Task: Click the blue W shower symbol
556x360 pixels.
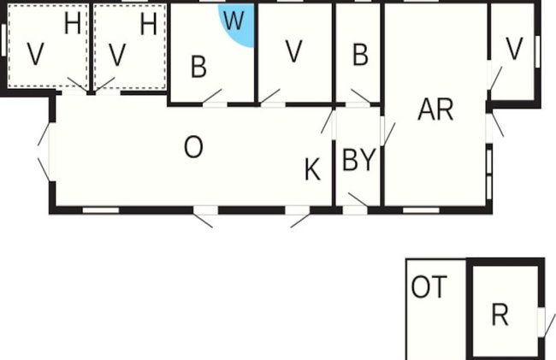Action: [x=238, y=24]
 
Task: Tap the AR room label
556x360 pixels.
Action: [x=435, y=109]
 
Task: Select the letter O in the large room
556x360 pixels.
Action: [x=193, y=147]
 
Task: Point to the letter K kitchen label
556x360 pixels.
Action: [x=312, y=169]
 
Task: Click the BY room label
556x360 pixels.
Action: [x=358, y=160]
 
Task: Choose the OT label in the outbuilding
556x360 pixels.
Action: [x=429, y=286]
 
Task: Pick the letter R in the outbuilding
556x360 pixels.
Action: [x=500, y=315]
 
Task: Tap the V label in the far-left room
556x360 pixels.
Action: [x=35, y=54]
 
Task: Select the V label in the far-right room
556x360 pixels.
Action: [x=514, y=49]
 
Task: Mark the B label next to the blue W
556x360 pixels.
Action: [x=198, y=66]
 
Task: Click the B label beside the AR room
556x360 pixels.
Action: [x=360, y=55]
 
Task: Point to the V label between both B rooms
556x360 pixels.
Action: [x=294, y=51]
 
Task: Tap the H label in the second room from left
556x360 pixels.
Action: [x=148, y=24]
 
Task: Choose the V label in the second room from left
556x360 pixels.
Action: [x=117, y=55]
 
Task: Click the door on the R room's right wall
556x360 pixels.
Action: [x=546, y=322]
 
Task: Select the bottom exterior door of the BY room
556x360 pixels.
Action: [x=355, y=205]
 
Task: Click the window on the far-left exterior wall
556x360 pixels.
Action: [x=3, y=39]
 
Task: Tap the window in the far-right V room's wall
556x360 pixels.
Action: [x=537, y=51]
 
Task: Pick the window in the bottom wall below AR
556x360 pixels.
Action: [x=421, y=210]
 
